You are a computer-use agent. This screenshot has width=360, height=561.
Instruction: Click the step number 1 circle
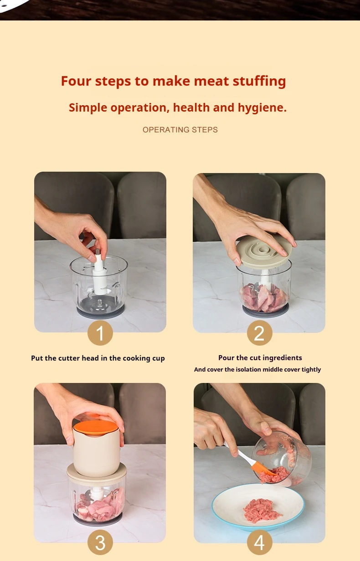pyautogui.click(x=100, y=333)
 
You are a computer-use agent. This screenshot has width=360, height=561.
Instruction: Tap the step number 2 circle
pyautogui.click(x=259, y=333)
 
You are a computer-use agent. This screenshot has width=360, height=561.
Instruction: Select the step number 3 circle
pyautogui.click(x=100, y=542)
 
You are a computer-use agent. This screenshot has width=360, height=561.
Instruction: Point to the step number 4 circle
pyautogui.click(x=259, y=542)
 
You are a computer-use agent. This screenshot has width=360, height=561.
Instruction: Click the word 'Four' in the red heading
pyautogui.click(x=76, y=81)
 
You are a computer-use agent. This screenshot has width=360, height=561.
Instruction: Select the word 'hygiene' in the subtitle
pyautogui.click(x=261, y=108)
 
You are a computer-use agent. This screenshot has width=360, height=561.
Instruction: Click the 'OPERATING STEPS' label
pyautogui.click(x=180, y=130)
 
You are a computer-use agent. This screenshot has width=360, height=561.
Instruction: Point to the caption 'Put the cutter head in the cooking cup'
pyautogui.click(x=98, y=358)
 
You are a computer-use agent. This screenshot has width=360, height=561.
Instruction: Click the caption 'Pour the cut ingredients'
pyautogui.click(x=260, y=358)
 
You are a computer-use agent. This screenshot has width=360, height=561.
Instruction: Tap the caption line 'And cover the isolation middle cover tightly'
pyautogui.click(x=257, y=370)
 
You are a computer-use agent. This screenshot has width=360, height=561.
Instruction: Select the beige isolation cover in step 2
pyautogui.click(x=264, y=250)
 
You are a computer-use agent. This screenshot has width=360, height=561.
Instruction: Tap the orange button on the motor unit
pyautogui.click(x=96, y=427)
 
